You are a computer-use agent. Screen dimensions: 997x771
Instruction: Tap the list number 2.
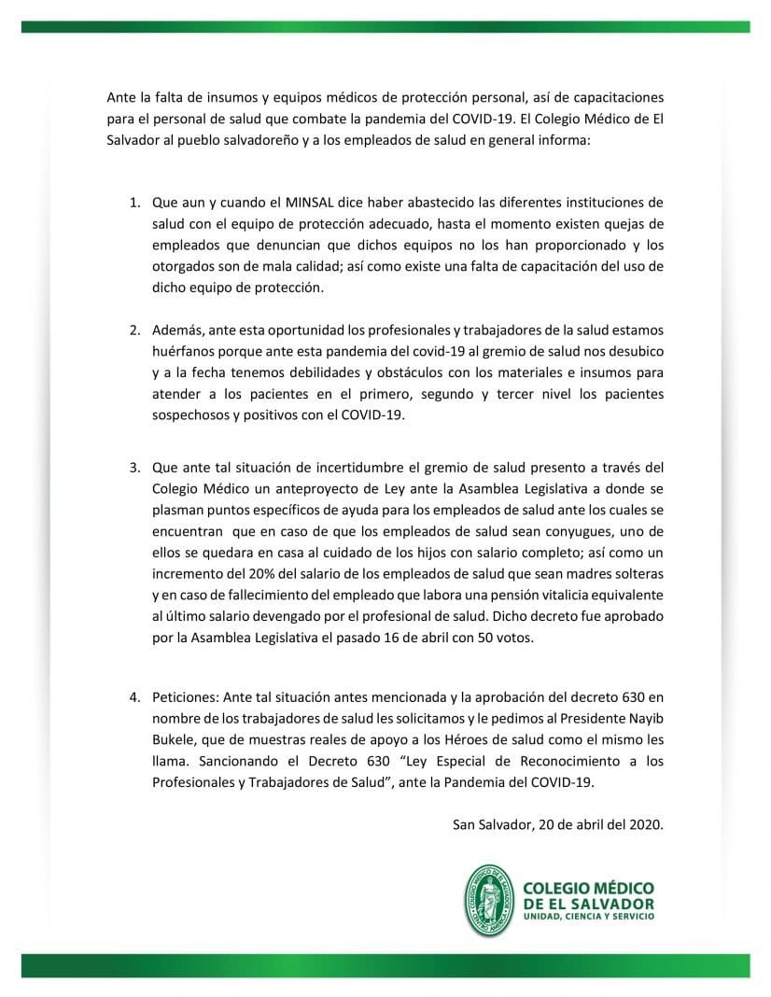tap(134, 330)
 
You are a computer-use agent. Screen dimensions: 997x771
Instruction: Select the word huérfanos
tap(181, 352)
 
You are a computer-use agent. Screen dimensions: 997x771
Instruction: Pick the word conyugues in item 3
tap(551, 529)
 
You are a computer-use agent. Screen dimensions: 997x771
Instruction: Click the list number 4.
tap(134, 697)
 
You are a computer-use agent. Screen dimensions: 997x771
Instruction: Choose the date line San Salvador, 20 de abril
tap(557, 823)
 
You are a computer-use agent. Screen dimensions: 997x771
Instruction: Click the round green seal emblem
tap(489, 900)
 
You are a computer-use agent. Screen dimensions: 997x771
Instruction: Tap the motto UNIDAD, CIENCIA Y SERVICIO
tap(590, 918)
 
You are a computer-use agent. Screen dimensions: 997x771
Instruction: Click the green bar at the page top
tap(385, 27)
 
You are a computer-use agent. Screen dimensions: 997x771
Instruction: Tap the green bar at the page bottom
tap(385, 965)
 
